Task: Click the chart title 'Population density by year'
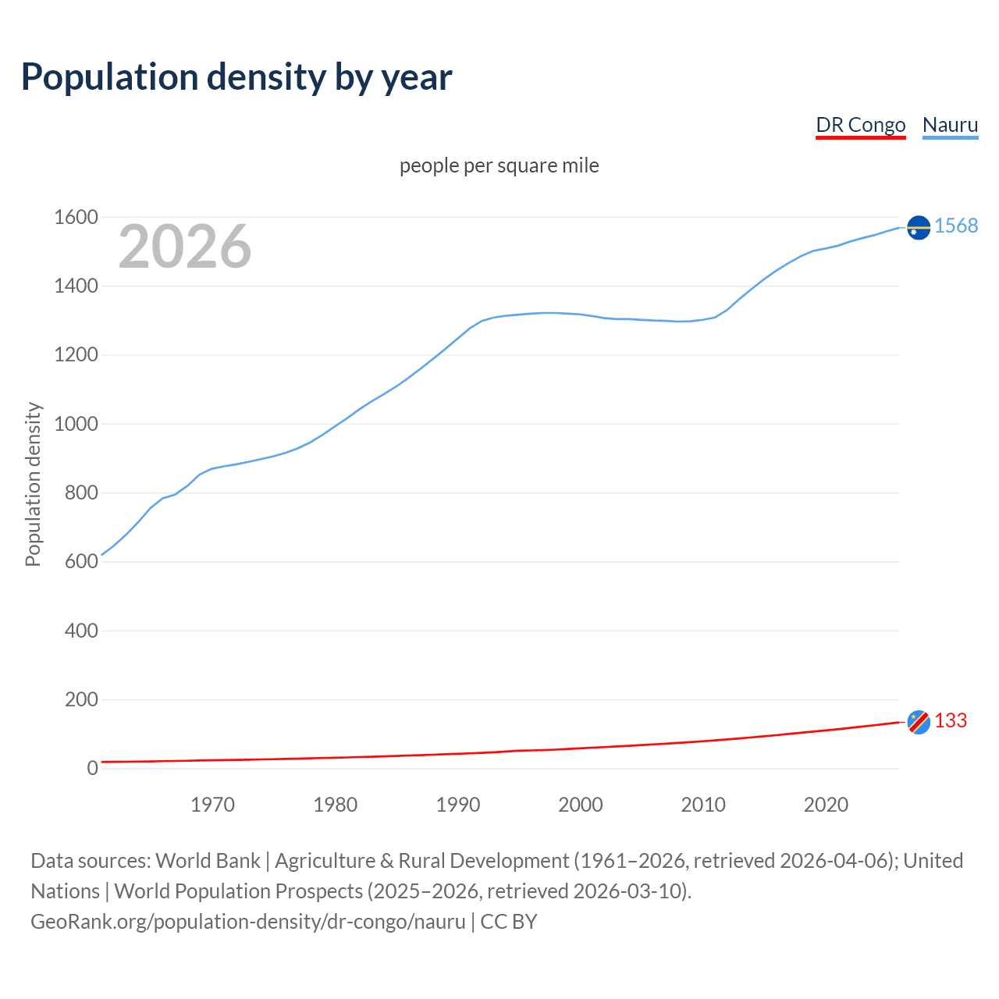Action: (236, 77)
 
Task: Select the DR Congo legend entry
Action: (860, 125)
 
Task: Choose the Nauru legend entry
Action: (950, 125)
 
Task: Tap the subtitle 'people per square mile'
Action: (499, 166)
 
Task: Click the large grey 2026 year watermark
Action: (185, 247)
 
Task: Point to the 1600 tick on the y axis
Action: (76, 218)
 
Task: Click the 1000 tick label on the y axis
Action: (76, 425)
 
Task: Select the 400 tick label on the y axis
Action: (81, 631)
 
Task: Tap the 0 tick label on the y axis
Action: (92, 769)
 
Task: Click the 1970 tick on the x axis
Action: (212, 805)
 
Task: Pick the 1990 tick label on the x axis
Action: (458, 805)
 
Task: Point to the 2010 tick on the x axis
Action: (703, 805)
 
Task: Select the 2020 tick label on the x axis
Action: (826, 805)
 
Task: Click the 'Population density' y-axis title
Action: (33, 484)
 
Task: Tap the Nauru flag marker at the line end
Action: (919, 227)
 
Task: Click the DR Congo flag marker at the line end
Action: (919, 722)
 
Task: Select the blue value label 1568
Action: (956, 226)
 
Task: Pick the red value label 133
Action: (951, 721)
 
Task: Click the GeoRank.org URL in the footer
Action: (248, 922)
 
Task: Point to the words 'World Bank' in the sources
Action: (208, 861)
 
